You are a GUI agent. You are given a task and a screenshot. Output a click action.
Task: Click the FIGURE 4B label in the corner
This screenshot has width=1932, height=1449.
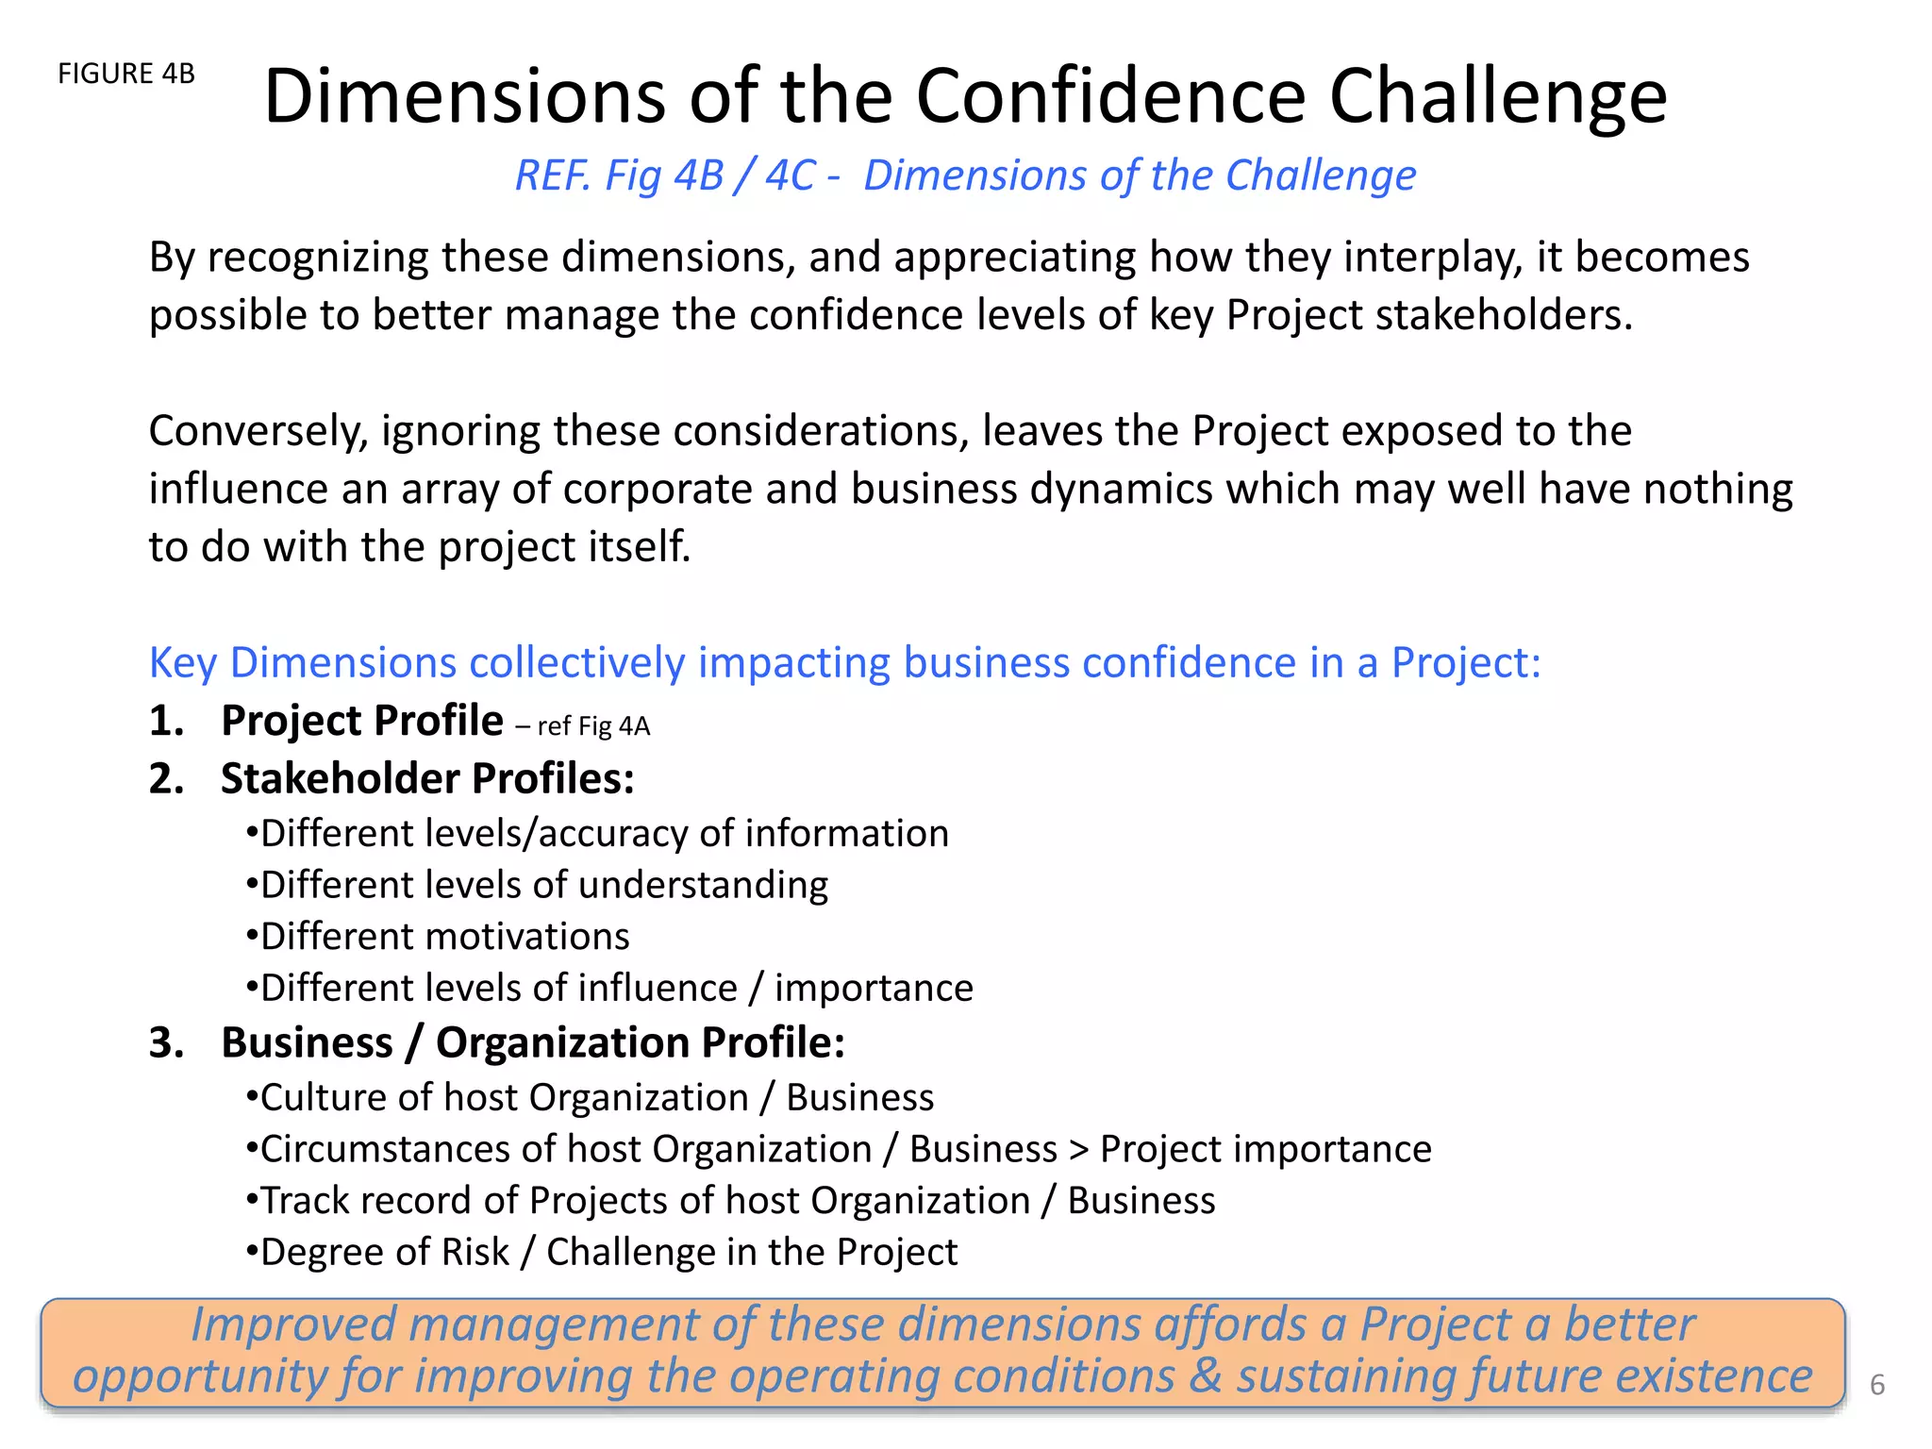tap(126, 74)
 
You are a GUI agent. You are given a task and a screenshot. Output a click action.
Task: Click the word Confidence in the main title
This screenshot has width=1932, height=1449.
tap(1110, 96)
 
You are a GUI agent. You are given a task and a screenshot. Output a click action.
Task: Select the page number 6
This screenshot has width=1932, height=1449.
tap(1876, 1384)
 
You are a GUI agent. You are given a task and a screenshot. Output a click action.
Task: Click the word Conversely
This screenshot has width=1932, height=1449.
tap(258, 432)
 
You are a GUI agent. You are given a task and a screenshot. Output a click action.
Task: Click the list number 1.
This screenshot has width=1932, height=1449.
tap(165, 721)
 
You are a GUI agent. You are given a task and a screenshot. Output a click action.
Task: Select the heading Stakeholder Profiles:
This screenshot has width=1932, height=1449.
tap(427, 779)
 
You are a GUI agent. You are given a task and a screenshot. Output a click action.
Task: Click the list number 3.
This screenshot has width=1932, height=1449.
tap(165, 1043)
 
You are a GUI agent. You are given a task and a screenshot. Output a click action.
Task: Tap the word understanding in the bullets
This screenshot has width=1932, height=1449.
tap(703, 886)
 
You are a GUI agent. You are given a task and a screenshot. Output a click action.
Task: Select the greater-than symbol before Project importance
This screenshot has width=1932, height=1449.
tap(1078, 1150)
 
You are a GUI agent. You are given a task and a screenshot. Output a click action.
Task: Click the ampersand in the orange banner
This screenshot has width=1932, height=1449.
tap(1205, 1376)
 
